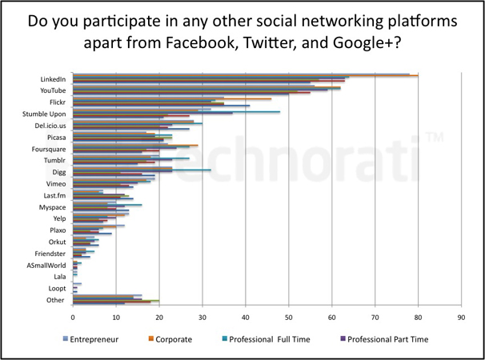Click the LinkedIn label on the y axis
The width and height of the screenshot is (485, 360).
[53, 79]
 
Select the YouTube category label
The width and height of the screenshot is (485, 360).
[54, 90]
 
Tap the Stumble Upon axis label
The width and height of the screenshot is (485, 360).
[44, 114]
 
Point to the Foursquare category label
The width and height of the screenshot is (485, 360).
[49, 149]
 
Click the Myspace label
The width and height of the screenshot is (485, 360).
[52, 207]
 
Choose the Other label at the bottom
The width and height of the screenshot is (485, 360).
[56, 300]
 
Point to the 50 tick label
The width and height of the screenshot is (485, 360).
[289, 317]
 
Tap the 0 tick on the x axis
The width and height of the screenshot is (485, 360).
[73, 317]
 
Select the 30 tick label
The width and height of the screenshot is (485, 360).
[202, 317]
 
